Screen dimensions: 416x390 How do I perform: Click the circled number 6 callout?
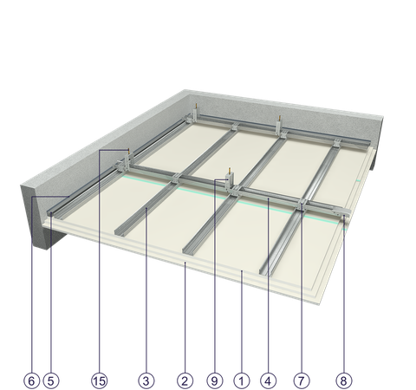(x=31, y=380)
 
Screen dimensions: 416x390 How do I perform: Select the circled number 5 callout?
(x=51, y=380)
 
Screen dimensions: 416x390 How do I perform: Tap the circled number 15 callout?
(x=99, y=380)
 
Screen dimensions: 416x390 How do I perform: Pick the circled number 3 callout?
(x=146, y=380)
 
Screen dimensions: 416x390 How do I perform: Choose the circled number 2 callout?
(x=185, y=380)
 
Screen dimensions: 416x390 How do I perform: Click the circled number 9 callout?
(x=215, y=380)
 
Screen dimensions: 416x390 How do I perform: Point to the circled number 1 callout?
(x=242, y=380)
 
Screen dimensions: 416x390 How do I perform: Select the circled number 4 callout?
(x=268, y=380)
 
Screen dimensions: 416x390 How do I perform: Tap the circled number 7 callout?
(x=302, y=380)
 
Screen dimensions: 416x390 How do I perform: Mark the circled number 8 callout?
(x=344, y=380)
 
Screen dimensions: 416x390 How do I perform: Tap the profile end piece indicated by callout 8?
(x=343, y=214)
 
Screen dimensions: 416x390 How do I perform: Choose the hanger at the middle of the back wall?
(x=279, y=126)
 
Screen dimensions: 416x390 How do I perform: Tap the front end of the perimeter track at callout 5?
(x=50, y=214)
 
